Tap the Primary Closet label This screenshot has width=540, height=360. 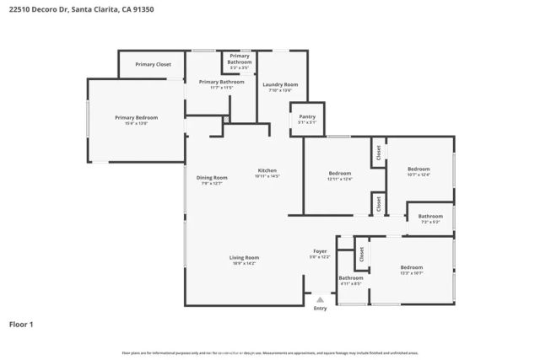click(x=153, y=64)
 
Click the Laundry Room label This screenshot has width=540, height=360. click(x=281, y=84)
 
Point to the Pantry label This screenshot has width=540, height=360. click(x=307, y=117)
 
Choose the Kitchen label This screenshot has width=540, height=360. click(x=267, y=171)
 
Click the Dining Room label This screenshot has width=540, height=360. click(x=212, y=178)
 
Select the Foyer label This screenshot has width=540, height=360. click(x=320, y=251)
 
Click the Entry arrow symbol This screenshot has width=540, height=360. click(x=320, y=298)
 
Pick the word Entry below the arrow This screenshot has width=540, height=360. click(x=320, y=308)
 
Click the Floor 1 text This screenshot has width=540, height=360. click(x=22, y=323)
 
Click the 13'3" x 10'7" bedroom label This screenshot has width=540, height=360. click(x=412, y=268)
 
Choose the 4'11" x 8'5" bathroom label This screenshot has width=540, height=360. click(x=351, y=279)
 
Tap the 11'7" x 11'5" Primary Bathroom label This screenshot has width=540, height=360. click(x=221, y=83)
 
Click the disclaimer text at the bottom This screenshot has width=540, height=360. click(x=270, y=352)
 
